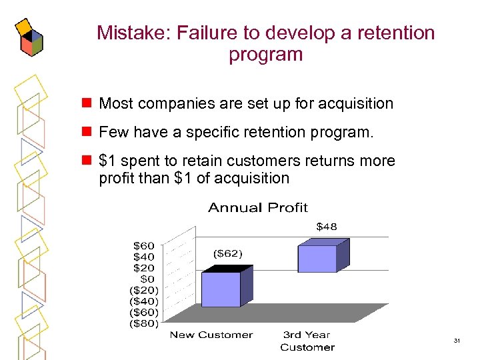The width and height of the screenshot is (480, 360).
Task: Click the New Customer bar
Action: [221, 289]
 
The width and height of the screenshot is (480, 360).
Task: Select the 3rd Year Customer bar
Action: [317, 259]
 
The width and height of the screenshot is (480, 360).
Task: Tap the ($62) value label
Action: [228, 253]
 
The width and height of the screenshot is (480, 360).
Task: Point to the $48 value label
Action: [326, 227]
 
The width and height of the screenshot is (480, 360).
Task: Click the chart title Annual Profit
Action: [258, 208]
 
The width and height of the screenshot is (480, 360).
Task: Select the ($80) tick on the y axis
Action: [143, 323]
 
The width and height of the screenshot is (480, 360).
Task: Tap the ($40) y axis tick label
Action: [143, 301]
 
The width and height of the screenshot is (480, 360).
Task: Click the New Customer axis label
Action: [211, 335]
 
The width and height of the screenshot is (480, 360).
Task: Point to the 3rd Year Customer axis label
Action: [307, 341]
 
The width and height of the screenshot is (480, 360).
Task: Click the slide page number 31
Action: [457, 341]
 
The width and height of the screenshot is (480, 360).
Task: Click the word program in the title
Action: [265, 54]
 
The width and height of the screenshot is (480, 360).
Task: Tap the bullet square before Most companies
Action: [85, 103]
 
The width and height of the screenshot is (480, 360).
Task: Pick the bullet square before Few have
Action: [85, 132]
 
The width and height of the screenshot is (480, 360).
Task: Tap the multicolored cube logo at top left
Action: [30, 37]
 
